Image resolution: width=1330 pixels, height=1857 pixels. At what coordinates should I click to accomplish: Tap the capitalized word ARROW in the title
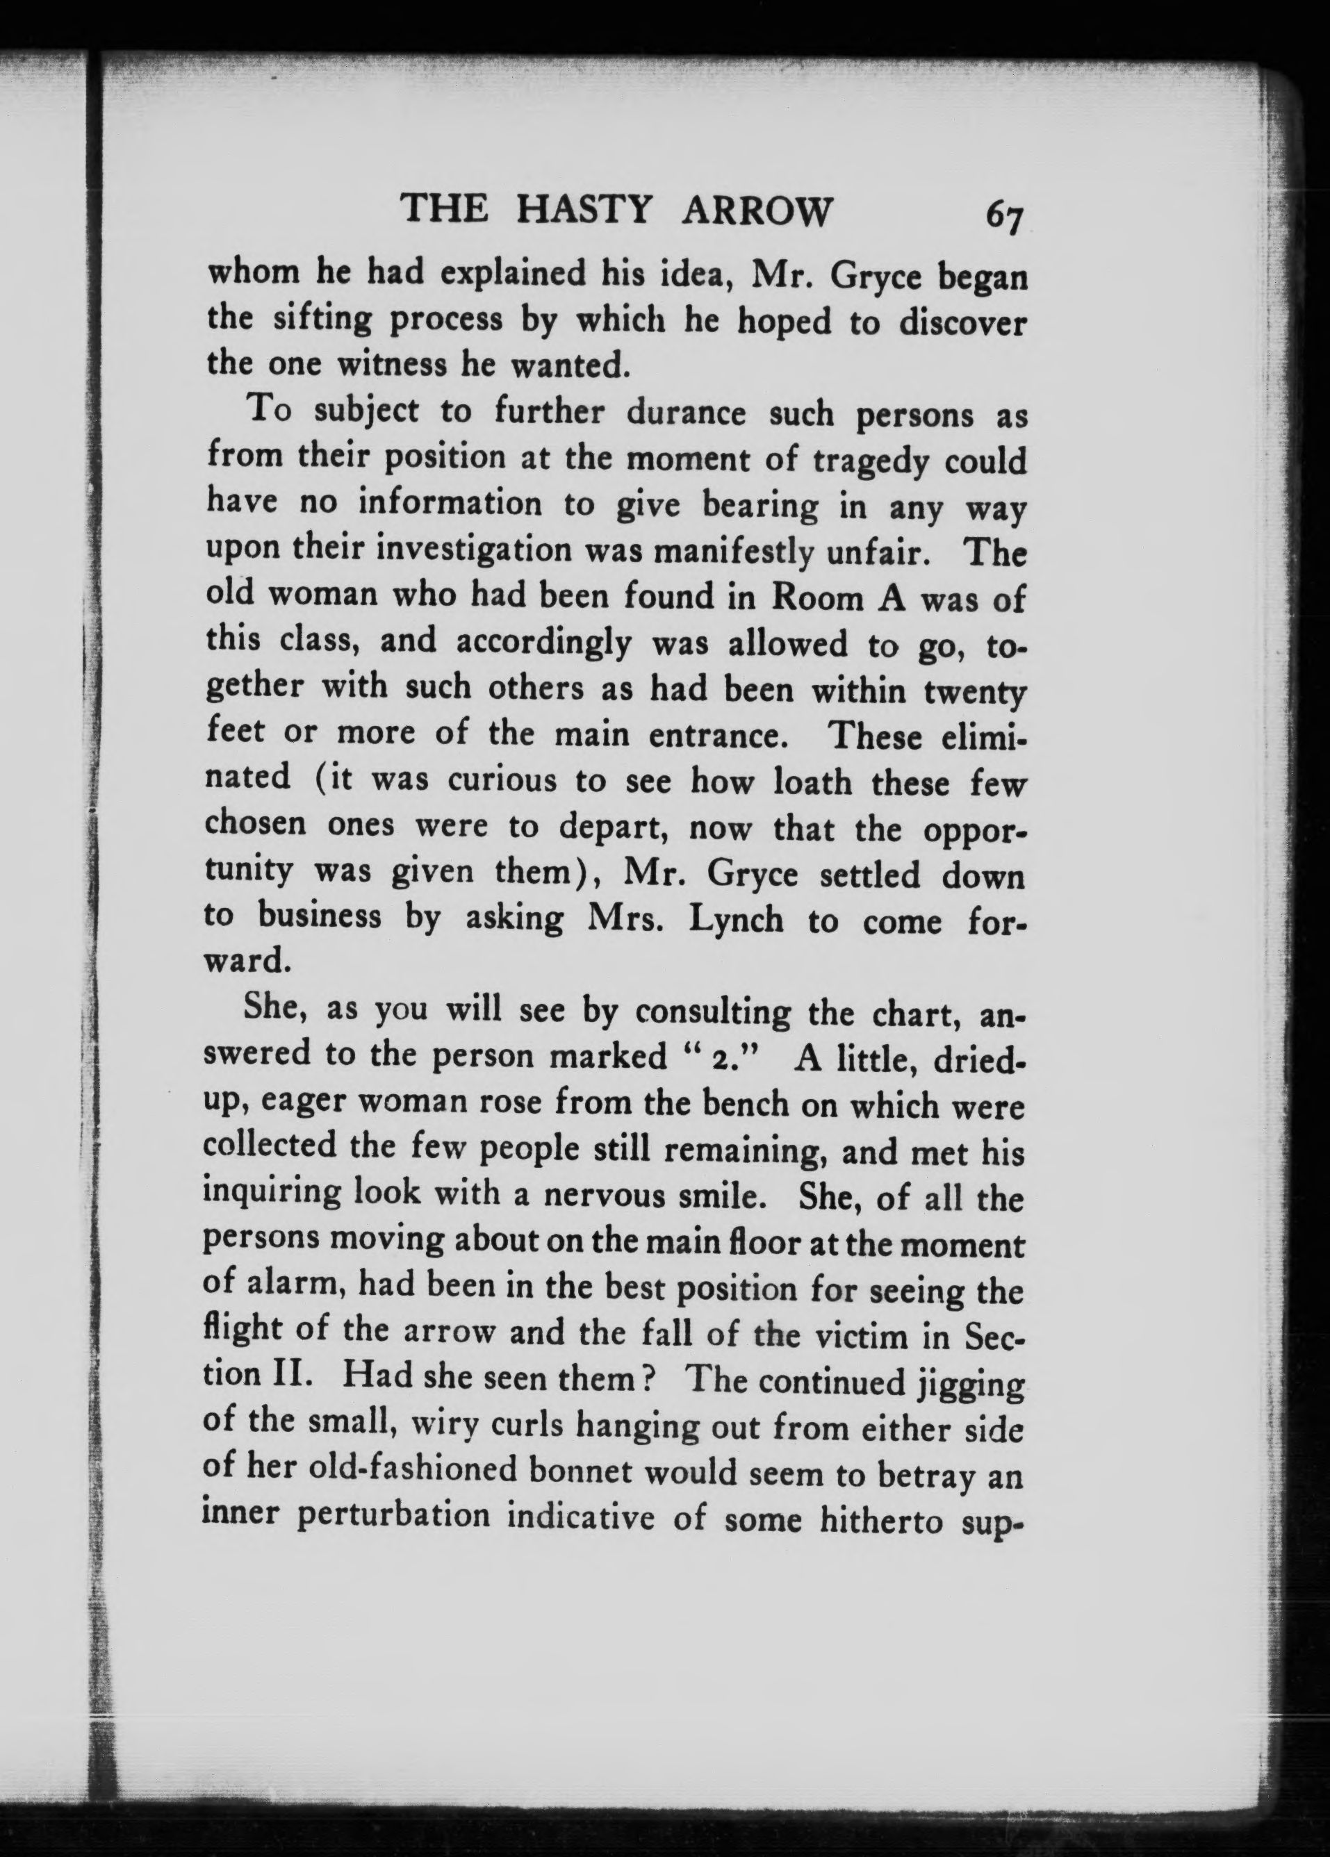tap(755, 211)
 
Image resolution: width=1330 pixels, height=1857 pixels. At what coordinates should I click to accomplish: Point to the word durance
tap(687, 413)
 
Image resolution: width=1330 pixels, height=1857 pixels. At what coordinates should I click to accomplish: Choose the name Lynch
tap(735, 921)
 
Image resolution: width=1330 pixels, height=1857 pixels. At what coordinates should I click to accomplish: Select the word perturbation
tap(393, 1517)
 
